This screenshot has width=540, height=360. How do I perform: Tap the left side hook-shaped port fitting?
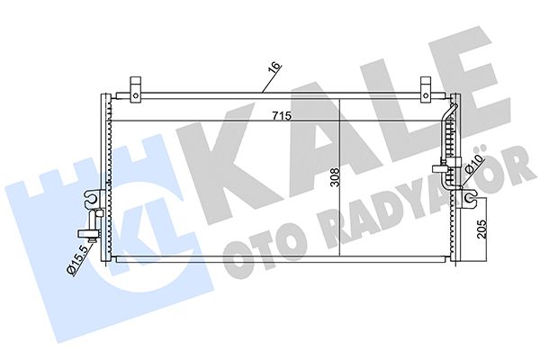pyautogui.click(x=91, y=200)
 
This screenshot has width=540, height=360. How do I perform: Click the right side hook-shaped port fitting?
pyautogui.click(x=467, y=197)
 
